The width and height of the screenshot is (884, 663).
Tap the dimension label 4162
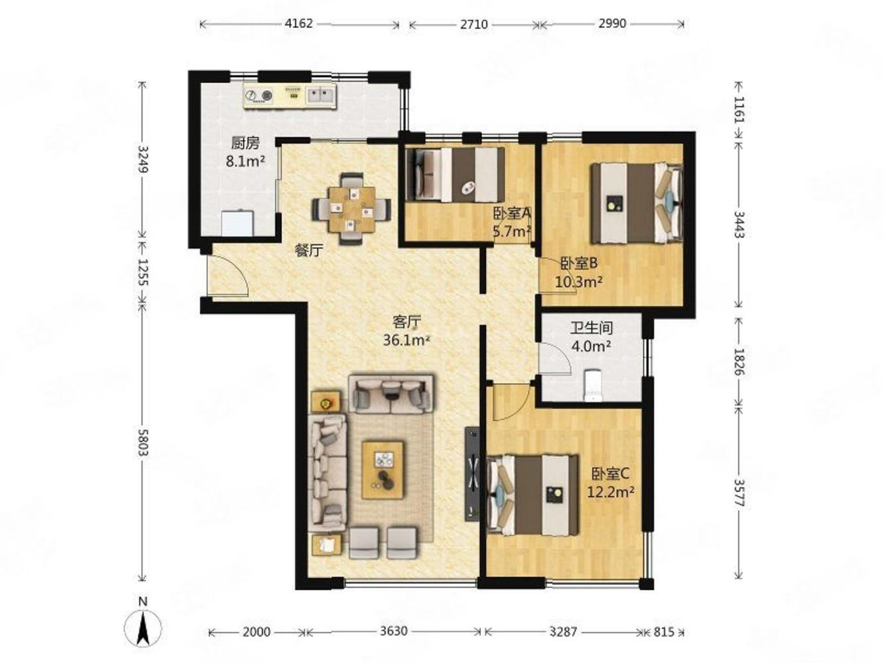298,23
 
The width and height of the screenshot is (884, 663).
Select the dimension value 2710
474,24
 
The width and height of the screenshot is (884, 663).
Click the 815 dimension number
663,632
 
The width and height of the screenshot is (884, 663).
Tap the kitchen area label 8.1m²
245,161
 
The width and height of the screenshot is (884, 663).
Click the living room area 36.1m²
407,341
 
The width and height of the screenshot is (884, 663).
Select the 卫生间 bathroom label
592,328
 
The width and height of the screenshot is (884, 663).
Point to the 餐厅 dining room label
309,251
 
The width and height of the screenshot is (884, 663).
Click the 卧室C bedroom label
610,474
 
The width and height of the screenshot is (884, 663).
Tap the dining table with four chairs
351,209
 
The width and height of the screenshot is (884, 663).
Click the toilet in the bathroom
593,386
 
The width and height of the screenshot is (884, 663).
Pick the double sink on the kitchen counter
320,95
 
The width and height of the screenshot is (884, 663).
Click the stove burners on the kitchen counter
259,95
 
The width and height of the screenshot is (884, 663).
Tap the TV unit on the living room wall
472,474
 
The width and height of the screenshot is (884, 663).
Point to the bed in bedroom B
637,202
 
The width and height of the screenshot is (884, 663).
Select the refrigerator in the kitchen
237,223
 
